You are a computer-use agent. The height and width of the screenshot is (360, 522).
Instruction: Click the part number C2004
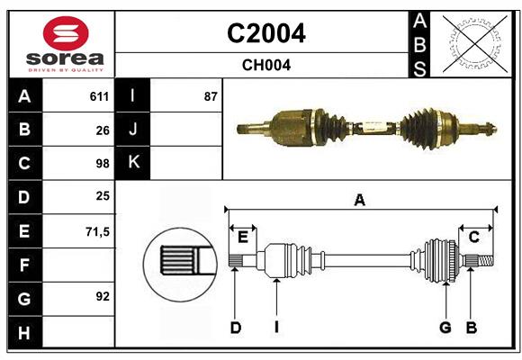tap(265, 33)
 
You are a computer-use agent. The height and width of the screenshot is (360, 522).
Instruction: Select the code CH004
tap(265, 65)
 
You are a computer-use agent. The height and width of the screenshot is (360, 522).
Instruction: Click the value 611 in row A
tap(99, 96)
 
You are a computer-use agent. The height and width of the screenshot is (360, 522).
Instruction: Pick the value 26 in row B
tap(103, 130)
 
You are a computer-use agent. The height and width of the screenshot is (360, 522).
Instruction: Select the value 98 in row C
tap(103, 164)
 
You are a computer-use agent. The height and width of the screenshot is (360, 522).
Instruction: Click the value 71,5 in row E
tap(97, 231)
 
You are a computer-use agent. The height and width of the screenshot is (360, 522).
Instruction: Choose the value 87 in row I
tap(211, 96)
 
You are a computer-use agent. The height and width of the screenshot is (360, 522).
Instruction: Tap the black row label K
tap(133, 163)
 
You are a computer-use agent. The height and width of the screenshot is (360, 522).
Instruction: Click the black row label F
tap(24, 265)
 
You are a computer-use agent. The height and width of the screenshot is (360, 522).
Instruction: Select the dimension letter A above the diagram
tap(359, 200)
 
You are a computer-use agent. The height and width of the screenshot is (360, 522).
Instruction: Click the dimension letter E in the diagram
tap(242, 237)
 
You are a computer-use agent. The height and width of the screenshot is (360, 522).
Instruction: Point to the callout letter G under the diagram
tap(445, 328)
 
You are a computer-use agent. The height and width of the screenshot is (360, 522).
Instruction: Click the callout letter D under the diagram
tap(235, 328)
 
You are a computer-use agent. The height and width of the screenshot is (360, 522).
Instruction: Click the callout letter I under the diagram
tap(277, 328)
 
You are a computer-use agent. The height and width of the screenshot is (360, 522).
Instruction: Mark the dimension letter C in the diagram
tap(474, 237)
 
